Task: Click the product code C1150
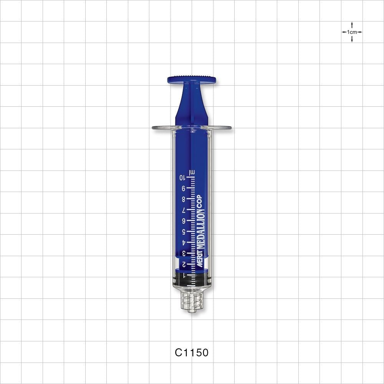(x=192, y=353)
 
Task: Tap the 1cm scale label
(x=352, y=32)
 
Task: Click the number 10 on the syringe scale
(x=183, y=177)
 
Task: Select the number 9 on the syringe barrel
(x=184, y=188)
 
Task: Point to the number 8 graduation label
(x=184, y=199)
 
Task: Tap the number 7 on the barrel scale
(x=184, y=210)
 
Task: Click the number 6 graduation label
(x=184, y=221)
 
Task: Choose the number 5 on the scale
(x=184, y=232)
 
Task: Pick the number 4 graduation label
(x=184, y=243)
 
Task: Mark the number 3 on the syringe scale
(x=184, y=253)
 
